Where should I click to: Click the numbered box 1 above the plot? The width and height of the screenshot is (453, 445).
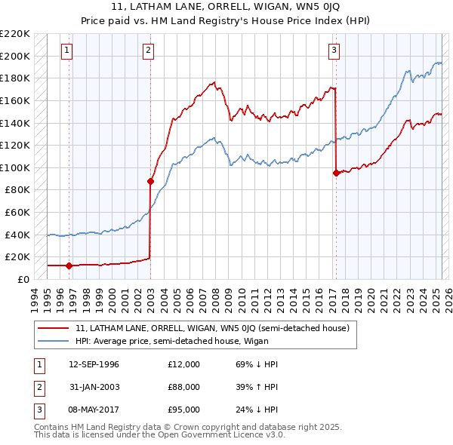pos(67,51)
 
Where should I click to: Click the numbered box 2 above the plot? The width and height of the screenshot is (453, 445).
pos(148,51)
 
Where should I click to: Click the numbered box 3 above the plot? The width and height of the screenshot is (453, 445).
pos(334,51)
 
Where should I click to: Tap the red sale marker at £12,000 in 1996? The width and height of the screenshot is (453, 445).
pos(69,265)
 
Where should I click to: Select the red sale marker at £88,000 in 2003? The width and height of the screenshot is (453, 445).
pos(150,181)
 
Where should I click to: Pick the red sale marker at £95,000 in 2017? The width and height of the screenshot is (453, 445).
pos(335,173)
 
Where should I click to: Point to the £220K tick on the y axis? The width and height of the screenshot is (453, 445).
pos(15,34)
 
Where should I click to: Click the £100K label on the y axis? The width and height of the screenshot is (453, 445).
pos(15,167)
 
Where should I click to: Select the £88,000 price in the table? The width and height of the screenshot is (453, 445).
pos(183,387)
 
